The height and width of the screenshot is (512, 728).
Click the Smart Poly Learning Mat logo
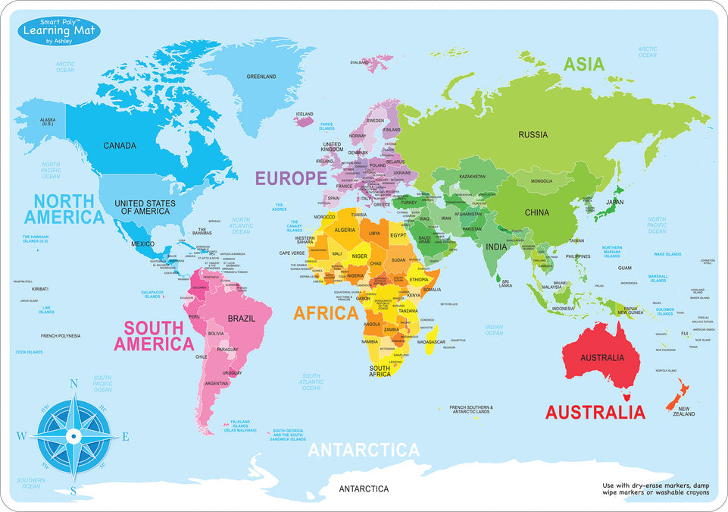pyautogui.click(x=53, y=30)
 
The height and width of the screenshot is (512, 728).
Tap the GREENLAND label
pyautogui.click(x=261, y=77)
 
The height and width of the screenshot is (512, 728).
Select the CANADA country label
pyautogui.click(x=120, y=146)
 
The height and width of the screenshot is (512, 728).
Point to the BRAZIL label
pyautogui.click(x=241, y=319)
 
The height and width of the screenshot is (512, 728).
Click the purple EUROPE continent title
pyautogui.click(x=291, y=178)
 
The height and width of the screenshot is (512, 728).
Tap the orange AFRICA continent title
pyautogui.click(x=326, y=313)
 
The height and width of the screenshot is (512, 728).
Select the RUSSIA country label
pyautogui.click(x=533, y=135)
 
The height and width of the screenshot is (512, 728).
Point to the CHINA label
pyautogui.click(x=537, y=212)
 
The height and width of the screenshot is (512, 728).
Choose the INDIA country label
pyautogui.click(x=496, y=247)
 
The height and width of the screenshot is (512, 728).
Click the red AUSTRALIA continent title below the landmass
pyautogui.click(x=595, y=413)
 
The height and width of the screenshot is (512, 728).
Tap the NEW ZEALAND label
pyautogui.click(x=684, y=411)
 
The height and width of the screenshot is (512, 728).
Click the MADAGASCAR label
pyautogui.click(x=431, y=342)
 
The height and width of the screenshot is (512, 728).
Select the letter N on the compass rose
pyautogui.click(x=73, y=384)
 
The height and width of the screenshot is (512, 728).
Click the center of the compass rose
pyautogui.click(x=73, y=436)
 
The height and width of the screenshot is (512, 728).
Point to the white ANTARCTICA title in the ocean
pyautogui.click(x=363, y=450)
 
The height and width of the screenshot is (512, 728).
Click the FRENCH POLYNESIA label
pyautogui.click(x=61, y=335)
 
